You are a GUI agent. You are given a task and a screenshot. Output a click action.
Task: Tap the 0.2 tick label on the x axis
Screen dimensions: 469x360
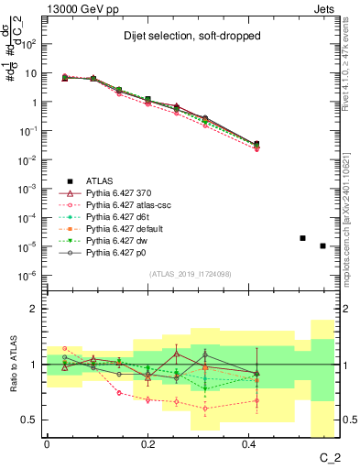pos(149,444)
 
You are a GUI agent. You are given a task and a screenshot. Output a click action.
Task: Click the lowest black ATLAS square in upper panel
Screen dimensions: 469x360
pos(322,245)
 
